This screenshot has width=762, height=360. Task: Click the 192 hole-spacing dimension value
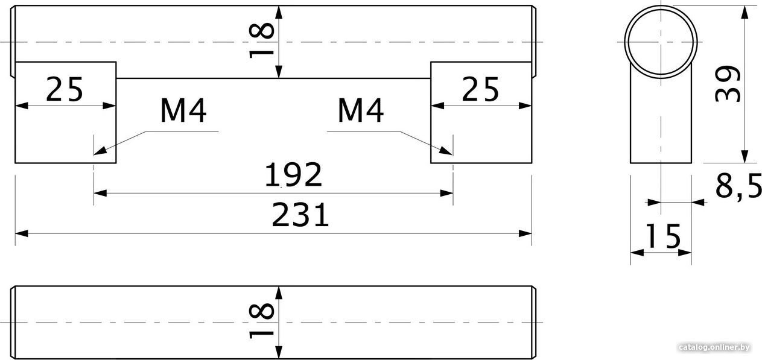293,174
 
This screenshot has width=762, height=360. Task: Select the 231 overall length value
300,215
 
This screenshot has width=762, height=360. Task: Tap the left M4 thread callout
183,110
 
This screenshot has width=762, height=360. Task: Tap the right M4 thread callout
361,110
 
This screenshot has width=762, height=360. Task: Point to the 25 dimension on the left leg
65,89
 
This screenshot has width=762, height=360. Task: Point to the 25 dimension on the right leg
480,89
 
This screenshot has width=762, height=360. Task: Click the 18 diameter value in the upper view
261,40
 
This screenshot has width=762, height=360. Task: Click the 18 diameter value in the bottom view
261,321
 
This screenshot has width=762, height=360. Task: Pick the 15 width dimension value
662,236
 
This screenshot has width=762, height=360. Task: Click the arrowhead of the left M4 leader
99,151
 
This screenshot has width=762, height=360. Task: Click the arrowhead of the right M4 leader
446,151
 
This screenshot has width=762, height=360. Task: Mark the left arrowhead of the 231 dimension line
21,233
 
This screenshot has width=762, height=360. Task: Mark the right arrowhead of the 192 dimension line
446,193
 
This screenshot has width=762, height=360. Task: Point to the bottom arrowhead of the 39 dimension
745,157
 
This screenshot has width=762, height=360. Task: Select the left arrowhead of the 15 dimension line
637,253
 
